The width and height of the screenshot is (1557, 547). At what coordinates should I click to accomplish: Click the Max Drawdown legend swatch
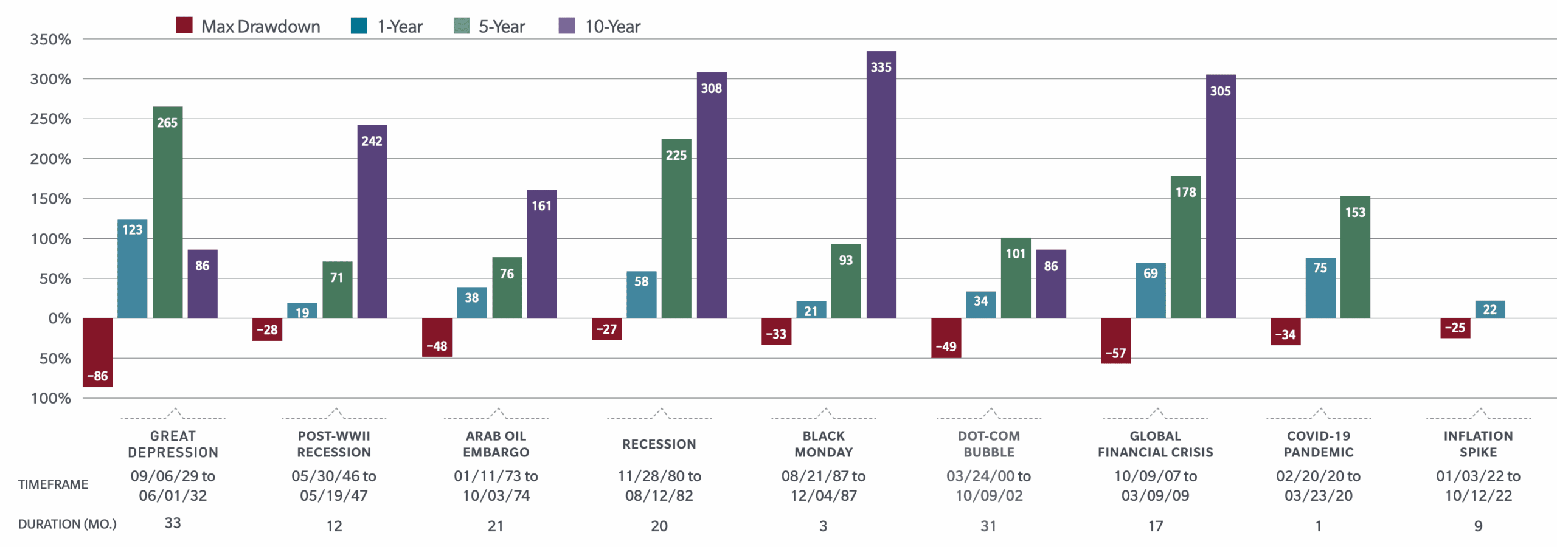click(184, 26)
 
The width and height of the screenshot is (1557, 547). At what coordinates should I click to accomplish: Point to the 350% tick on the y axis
click(50, 40)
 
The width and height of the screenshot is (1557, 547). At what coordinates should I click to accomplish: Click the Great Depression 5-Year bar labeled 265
click(167, 213)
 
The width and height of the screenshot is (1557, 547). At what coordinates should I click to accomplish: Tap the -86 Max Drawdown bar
click(97, 353)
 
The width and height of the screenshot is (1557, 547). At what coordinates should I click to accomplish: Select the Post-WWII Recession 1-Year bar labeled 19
click(302, 311)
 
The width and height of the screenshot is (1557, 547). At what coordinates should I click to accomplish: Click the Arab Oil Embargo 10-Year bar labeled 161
click(542, 254)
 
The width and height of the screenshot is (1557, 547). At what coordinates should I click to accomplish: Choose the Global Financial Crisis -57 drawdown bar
click(1115, 341)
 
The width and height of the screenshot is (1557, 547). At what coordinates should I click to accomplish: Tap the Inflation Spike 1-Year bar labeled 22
click(1489, 309)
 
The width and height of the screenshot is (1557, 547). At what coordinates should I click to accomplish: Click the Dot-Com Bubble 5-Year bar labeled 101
click(1016, 278)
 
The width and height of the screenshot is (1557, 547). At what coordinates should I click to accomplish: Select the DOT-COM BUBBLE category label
click(988, 444)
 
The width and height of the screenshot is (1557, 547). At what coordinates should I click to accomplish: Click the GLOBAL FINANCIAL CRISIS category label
click(1155, 444)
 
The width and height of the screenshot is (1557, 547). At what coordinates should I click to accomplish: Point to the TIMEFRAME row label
click(53, 484)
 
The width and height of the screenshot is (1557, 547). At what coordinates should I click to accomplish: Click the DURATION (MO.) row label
click(67, 524)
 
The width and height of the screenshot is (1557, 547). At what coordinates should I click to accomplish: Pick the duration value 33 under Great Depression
click(173, 523)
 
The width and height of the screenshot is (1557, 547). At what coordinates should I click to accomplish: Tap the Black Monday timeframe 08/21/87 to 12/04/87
click(823, 486)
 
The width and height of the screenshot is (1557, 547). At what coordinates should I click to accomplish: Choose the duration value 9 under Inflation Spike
click(1478, 526)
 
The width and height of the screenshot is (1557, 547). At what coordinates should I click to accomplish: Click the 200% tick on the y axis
click(50, 159)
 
